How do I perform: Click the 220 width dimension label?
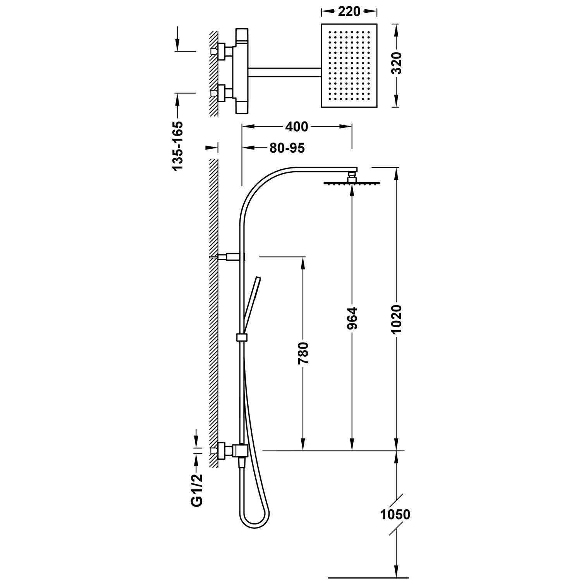[x=349, y=12]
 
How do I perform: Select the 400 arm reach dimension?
[x=296, y=127]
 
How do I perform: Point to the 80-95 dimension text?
[x=287, y=148]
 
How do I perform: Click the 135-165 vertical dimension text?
[x=177, y=146]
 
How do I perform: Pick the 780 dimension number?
[x=303, y=353]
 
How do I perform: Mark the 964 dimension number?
[x=352, y=318]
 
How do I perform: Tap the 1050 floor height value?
[x=395, y=515]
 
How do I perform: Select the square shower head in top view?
[x=349, y=65]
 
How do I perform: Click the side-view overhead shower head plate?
[x=352, y=183]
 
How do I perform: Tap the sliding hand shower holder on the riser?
[x=241, y=337]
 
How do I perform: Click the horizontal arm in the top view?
[x=285, y=72]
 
